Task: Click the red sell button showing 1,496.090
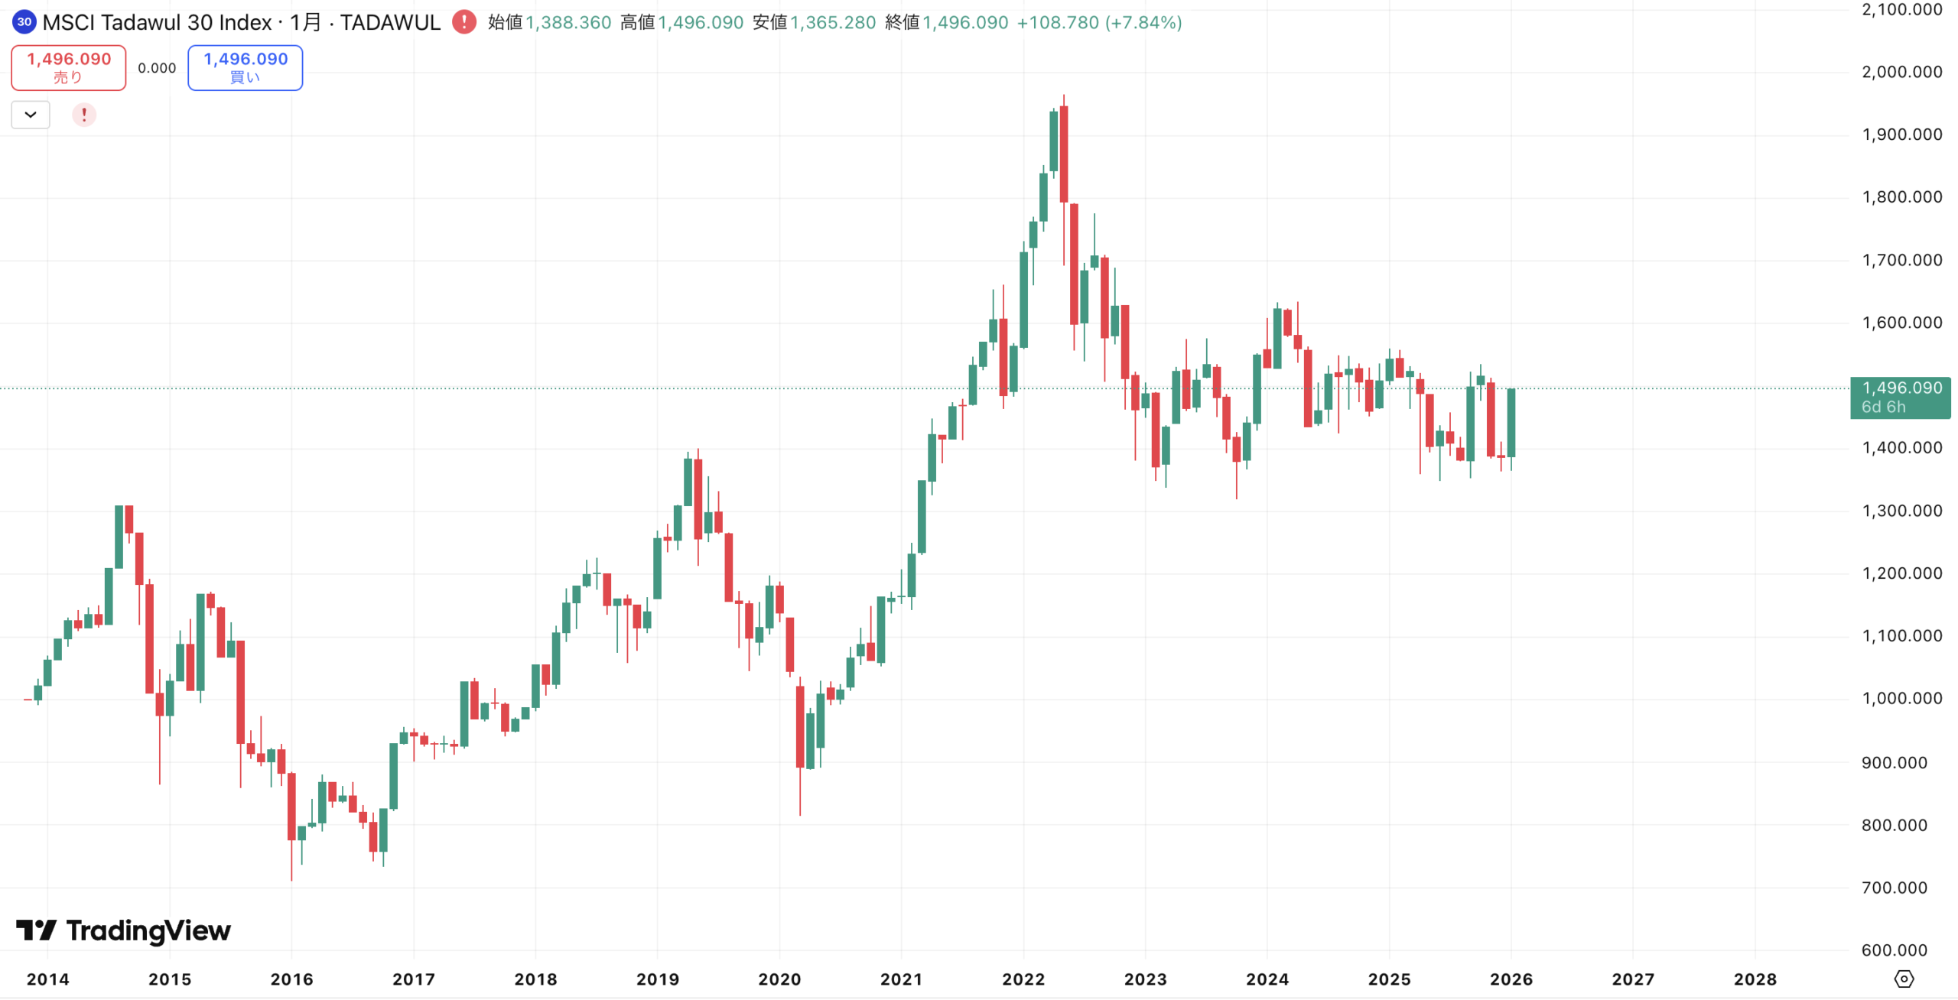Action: pyautogui.click(x=69, y=67)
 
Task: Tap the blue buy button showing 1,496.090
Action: pyautogui.click(x=245, y=67)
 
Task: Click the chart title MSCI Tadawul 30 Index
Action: pyautogui.click(x=157, y=22)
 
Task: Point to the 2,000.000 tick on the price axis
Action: pyautogui.click(x=1901, y=72)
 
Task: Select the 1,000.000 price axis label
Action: pyautogui.click(x=1901, y=698)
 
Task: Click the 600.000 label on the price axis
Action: pyautogui.click(x=1894, y=950)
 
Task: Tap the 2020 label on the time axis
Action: pyautogui.click(x=779, y=979)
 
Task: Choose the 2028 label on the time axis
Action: pyautogui.click(x=1755, y=979)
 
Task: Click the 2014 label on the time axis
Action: pyautogui.click(x=47, y=979)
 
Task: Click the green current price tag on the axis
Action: pyautogui.click(x=1900, y=397)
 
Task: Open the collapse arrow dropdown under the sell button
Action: pyautogui.click(x=31, y=115)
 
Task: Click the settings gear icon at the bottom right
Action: pyautogui.click(x=1904, y=979)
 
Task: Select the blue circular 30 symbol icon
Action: pyautogui.click(x=24, y=22)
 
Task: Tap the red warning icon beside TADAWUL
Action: pyautogui.click(x=463, y=22)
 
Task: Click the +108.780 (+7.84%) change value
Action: pyautogui.click(x=1099, y=22)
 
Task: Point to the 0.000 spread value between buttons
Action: pyautogui.click(x=157, y=68)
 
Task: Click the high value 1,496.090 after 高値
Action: pyautogui.click(x=701, y=22)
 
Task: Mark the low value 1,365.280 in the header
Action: pyautogui.click(x=833, y=22)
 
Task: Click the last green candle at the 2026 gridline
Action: pyautogui.click(x=1511, y=423)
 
